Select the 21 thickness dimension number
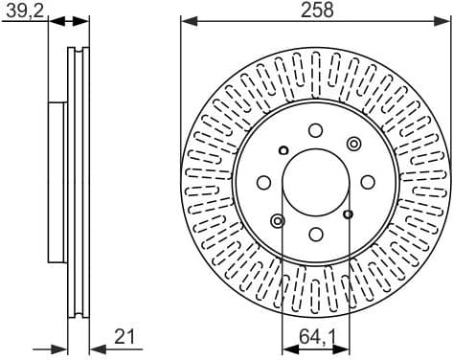point(125,336)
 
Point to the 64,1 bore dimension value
point(316,337)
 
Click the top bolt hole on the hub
point(316,131)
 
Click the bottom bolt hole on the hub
point(316,234)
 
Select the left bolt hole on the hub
point(264,182)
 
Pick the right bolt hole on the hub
point(368,182)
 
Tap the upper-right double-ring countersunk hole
point(353,144)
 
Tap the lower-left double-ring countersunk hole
point(278,221)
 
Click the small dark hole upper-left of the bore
point(283,149)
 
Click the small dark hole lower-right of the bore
point(348,214)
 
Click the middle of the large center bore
point(316,182)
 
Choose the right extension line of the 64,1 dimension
point(348,287)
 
